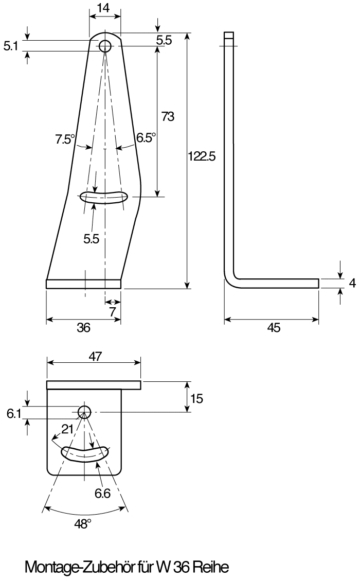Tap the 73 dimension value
[x=168, y=116]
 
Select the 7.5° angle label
[x=65, y=139]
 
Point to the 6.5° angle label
[x=146, y=137]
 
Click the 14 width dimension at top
[x=105, y=8]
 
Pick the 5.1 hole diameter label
[x=11, y=46]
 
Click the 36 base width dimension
[x=83, y=327]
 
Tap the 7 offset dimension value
[x=113, y=312]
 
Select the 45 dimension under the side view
[x=274, y=327]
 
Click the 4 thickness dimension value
[x=352, y=283]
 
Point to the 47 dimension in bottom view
[x=95, y=357]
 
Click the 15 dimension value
[x=196, y=399]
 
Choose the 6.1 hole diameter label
[x=14, y=414]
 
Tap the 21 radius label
[x=67, y=429]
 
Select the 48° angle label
[x=83, y=524]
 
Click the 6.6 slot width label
[x=102, y=493]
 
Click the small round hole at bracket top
[x=105, y=47]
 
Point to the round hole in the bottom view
[x=85, y=411]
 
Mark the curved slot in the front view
[x=104, y=197]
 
